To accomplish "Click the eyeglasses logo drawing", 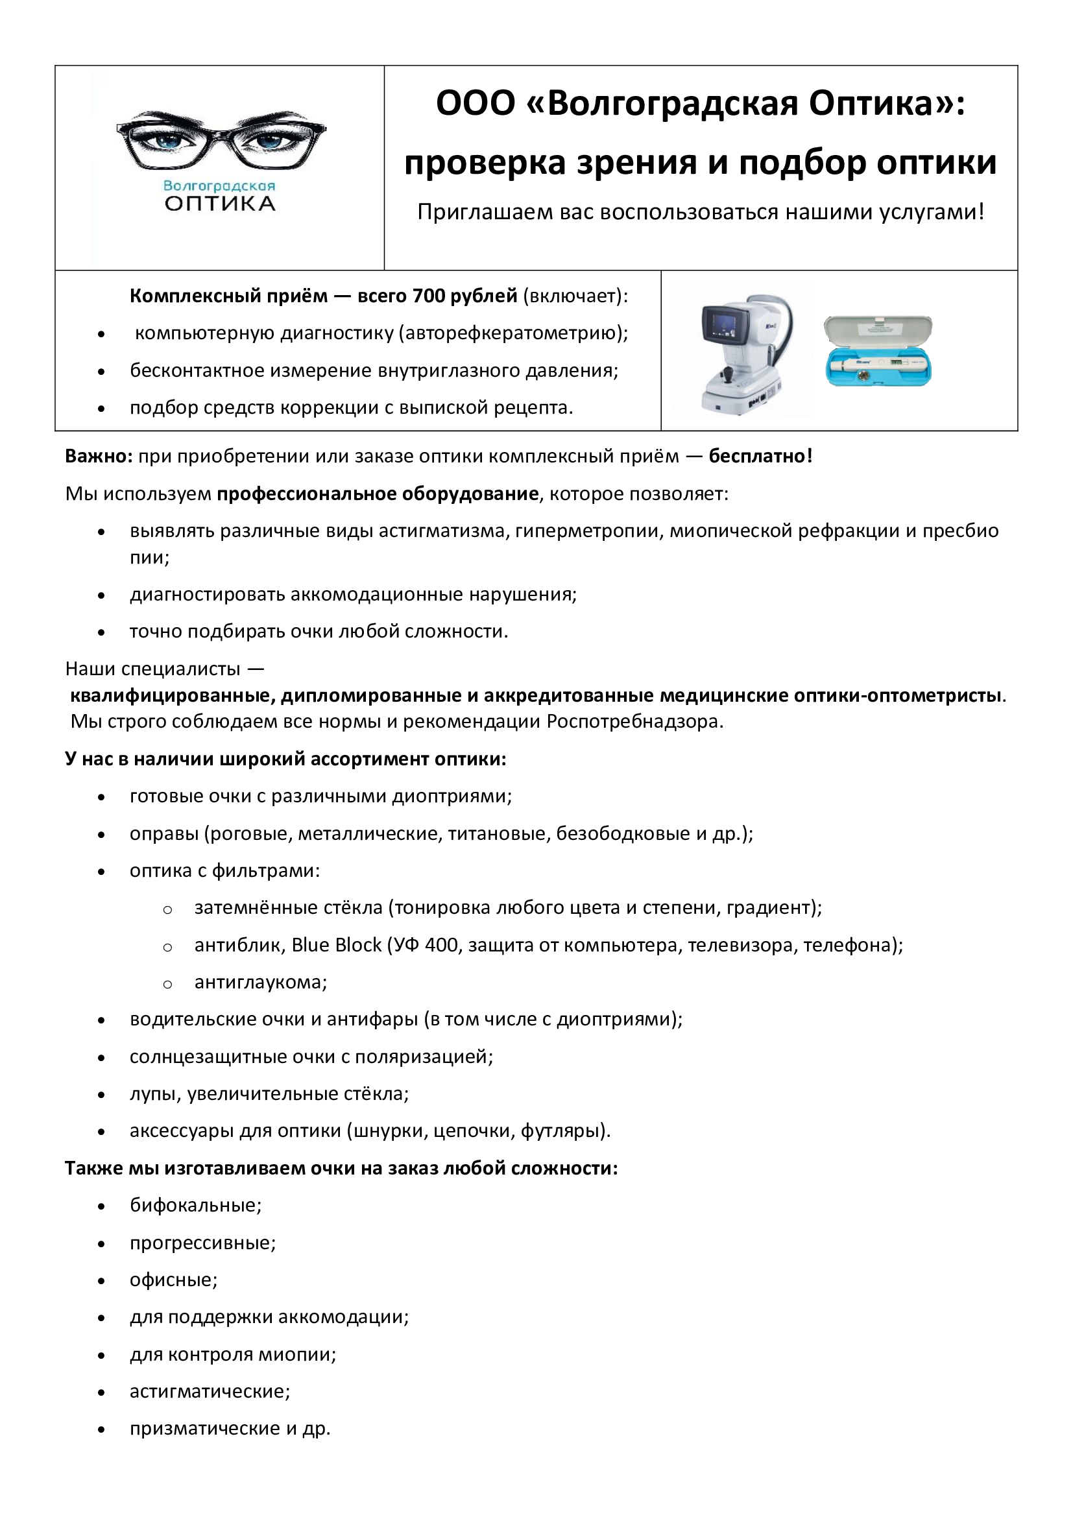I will [x=221, y=140].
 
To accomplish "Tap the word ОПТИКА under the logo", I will [x=220, y=204].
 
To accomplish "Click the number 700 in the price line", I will [x=430, y=296].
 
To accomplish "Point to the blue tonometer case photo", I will [x=878, y=351].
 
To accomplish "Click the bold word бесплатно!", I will [x=760, y=456].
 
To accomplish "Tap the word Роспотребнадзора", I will [x=634, y=721].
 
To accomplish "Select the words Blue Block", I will [x=336, y=946].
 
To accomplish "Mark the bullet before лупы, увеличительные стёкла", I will [x=101, y=1095].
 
